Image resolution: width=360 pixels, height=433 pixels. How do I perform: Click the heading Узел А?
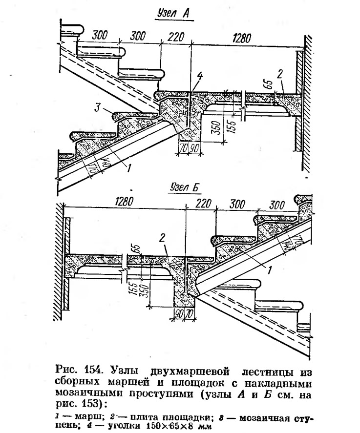click(173, 14)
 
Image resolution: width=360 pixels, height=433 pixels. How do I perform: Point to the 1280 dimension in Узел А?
click(242, 38)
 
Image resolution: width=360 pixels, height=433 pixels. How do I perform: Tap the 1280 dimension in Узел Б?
click(123, 201)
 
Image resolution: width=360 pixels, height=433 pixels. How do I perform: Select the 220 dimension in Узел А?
click(176, 37)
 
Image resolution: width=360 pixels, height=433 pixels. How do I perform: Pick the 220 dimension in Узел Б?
click(203, 204)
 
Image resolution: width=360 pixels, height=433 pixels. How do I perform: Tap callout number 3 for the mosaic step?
click(97, 107)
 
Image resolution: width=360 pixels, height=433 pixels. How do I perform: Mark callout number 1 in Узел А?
click(128, 167)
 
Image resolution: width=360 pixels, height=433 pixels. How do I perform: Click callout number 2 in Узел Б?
click(163, 237)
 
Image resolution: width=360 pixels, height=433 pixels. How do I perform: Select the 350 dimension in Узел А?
click(217, 127)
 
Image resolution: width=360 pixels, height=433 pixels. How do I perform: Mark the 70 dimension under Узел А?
click(182, 148)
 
